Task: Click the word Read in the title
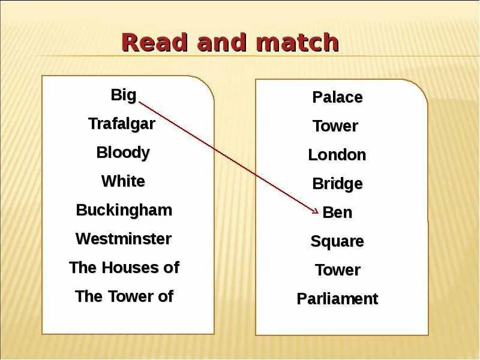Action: [x=149, y=43]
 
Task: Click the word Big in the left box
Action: [x=124, y=95]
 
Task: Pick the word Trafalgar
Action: [x=122, y=124]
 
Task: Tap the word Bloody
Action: [x=123, y=152]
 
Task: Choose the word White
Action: [x=123, y=181]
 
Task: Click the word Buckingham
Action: [x=124, y=210]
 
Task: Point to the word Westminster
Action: [x=124, y=239]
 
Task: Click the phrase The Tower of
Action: [x=124, y=296]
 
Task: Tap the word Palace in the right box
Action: [x=337, y=97]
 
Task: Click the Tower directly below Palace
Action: [x=335, y=126]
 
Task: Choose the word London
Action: [x=337, y=155]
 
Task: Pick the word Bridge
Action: [x=337, y=184]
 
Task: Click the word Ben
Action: [x=337, y=212]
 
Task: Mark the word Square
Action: [x=337, y=242]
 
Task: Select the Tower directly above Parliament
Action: [x=337, y=270]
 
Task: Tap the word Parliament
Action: [x=337, y=299]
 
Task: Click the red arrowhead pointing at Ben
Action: [x=316, y=209]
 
